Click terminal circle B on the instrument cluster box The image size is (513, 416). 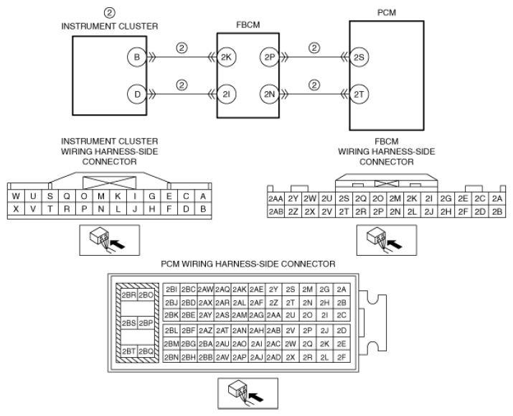137,57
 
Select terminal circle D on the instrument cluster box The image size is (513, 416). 137,94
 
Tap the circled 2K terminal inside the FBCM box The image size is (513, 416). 227,57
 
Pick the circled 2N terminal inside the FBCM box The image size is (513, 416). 270,94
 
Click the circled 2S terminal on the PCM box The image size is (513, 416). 359,57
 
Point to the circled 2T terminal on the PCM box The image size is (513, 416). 359,94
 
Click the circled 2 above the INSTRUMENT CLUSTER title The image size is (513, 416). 110,13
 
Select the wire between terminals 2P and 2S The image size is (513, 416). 314,57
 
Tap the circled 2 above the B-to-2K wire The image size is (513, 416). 182,48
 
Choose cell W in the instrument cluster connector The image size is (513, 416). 16,196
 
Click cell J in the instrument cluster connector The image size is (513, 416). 135,208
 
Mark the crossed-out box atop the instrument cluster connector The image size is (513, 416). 109,182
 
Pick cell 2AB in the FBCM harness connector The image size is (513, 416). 276,212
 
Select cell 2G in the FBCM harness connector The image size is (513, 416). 446,198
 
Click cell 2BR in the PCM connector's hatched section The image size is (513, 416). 129,295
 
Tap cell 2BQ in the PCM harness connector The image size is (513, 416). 146,351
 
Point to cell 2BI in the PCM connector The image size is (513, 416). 171,290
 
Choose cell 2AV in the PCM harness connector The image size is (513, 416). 222,357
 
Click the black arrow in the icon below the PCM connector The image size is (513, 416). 256,397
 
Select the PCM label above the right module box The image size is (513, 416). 387,13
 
